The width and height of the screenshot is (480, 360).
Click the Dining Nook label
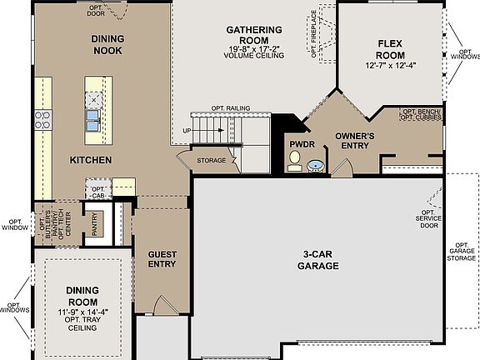point(107,44)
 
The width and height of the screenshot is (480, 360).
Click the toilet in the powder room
point(294,164)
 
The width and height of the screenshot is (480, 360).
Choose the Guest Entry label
point(162,259)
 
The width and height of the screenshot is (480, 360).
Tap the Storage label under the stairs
point(212,159)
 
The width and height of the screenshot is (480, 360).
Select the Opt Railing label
point(231,108)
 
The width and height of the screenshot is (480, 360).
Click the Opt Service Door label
point(427,219)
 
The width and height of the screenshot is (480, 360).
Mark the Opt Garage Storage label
point(463,247)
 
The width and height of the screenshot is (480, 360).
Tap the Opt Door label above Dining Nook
point(97,10)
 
